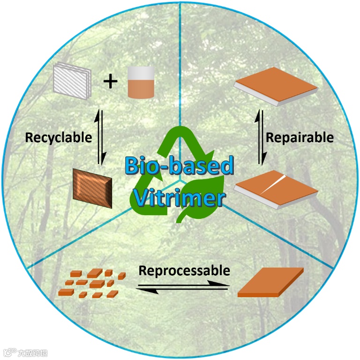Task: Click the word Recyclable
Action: (59, 138)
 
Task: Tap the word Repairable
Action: (300, 138)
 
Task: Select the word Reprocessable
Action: (185, 270)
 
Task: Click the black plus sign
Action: (111, 82)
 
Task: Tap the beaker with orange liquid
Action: (141, 82)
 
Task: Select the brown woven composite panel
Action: (92, 188)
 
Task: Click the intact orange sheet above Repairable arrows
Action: (275, 87)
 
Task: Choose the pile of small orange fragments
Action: (92, 284)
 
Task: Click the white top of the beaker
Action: (141, 72)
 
